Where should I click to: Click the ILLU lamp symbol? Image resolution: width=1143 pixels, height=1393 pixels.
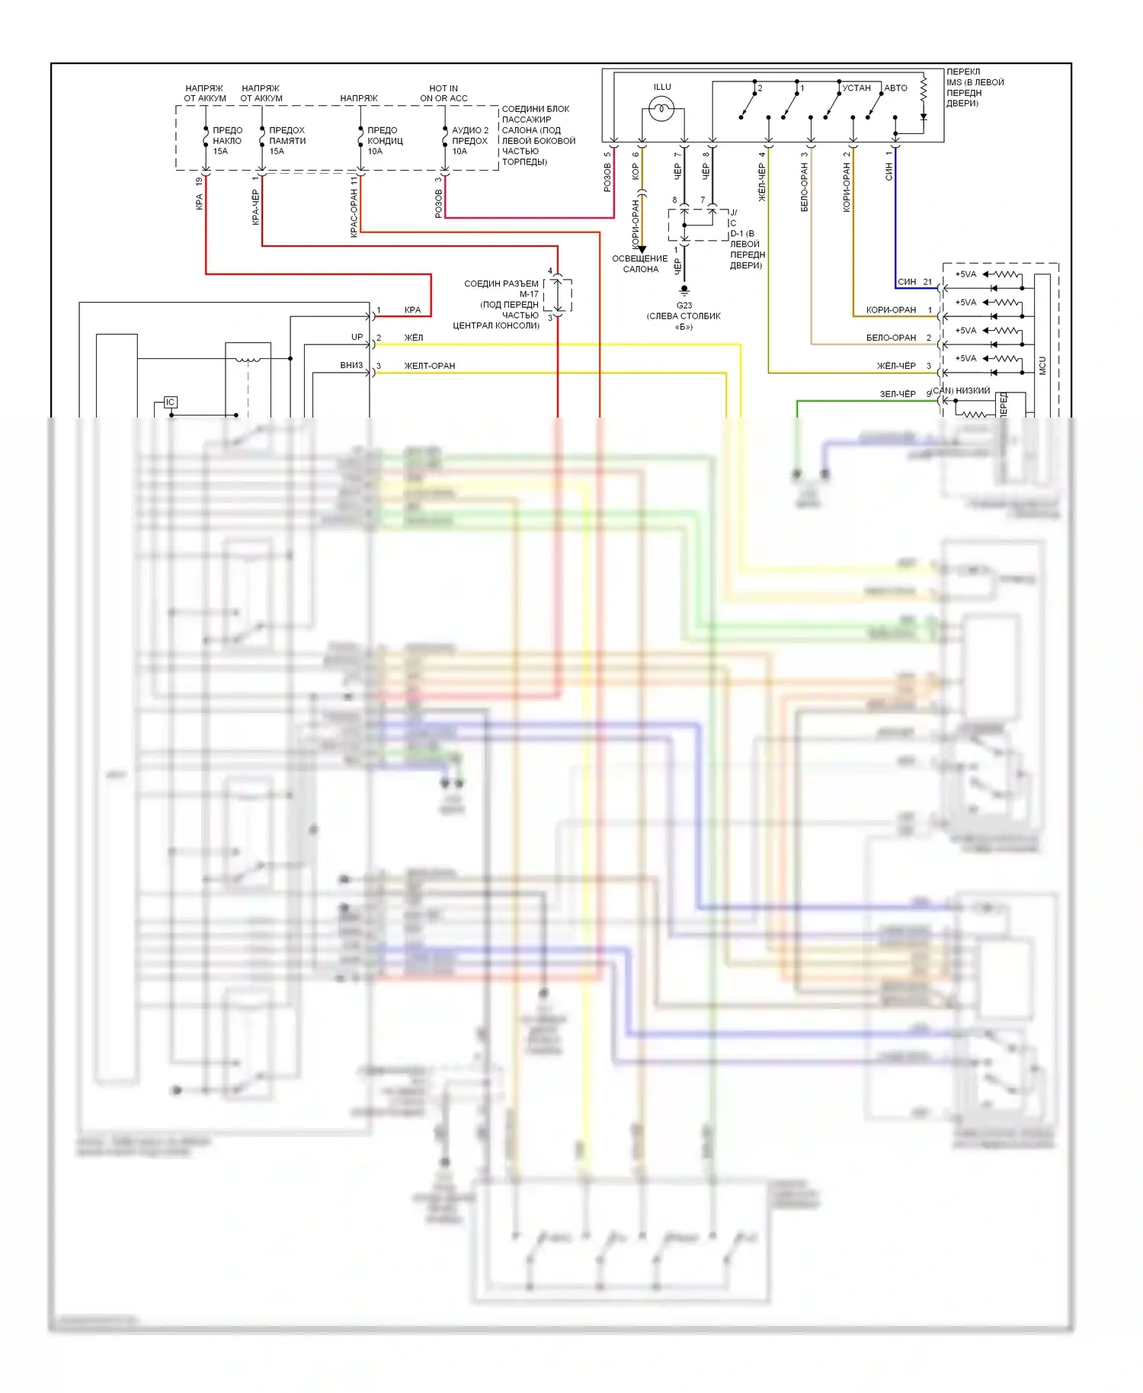pyautogui.click(x=661, y=109)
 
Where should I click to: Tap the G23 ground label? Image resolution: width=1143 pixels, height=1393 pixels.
pyautogui.click(x=684, y=306)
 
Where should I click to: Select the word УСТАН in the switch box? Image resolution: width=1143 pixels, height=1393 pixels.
pyautogui.click(x=856, y=88)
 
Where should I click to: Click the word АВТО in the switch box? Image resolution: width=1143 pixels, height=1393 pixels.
pyautogui.click(x=895, y=88)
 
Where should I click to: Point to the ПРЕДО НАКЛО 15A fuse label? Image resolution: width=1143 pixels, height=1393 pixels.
pyautogui.click(x=226, y=141)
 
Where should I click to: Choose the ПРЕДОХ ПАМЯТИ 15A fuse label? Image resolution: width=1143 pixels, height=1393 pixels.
pyautogui.click(x=287, y=141)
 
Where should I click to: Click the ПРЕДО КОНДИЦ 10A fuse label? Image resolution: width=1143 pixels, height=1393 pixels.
pyautogui.click(x=384, y=141)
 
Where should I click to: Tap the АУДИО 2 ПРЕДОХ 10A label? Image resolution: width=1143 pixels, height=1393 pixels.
pyautogui.click(x=469, y=141)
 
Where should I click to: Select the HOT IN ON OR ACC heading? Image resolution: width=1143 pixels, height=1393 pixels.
pyautogui.click(x=443, y=94)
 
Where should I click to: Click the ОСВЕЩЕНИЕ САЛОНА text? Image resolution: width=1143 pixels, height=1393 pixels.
pyautogui.click(x=640, y=264)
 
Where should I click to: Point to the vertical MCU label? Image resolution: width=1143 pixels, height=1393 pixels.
pyautogui.click(x=1042, y=366)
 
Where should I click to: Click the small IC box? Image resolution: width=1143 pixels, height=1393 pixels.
pyautogui.click(x=170, y=402)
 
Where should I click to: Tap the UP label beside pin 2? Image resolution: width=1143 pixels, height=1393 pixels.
pyautogui.click(x=357, y=337)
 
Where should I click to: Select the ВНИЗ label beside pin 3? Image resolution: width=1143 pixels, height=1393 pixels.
pyautogui.click(x=351, y=365)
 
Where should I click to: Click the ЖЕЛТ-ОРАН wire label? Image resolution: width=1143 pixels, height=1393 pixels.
pyautogui.click(x=429, y=366)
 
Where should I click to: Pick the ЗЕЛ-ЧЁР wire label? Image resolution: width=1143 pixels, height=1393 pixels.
pyautogui.click(x=898, y=394)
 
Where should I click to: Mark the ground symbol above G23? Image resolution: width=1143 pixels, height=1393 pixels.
pyautogui.click(x=684, y=290)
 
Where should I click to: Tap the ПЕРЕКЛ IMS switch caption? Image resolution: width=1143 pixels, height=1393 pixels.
pyautogui.click(x=975, y=88)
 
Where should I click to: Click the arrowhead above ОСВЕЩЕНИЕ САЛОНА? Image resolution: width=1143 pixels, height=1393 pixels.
pyautogui.click(x=642, y=249)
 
